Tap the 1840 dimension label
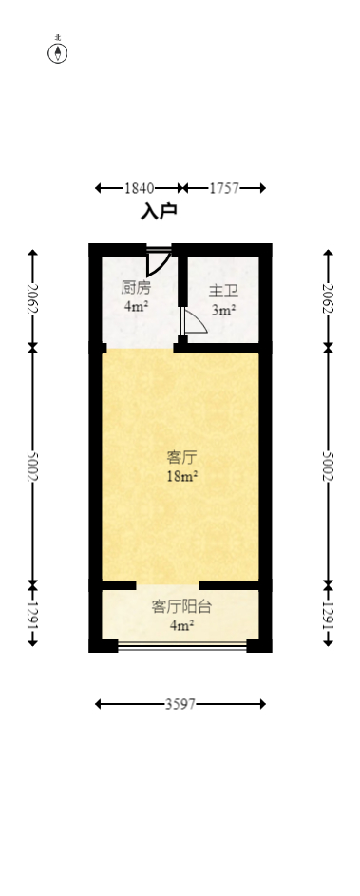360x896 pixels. (x=139, y=188)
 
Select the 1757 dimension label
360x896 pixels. (x=224, y=188)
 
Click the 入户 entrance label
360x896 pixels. (x=159, y=212)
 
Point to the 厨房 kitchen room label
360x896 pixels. (x=136, y=287)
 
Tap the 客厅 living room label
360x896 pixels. (x=181, y=457)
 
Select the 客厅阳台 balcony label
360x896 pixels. (x=181, y=606)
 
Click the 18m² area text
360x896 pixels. (x=181, y=477)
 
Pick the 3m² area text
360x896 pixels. (x=223, y=310)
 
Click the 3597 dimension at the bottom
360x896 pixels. (x=180, y=704)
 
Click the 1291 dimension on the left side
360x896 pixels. (x=32, y=615)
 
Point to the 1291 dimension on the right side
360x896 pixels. (x=329, y=615)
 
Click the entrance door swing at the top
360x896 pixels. (x=159, y=260)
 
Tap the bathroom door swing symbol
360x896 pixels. (x=193, y=322)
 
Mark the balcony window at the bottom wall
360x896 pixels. (x=181, y=647)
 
